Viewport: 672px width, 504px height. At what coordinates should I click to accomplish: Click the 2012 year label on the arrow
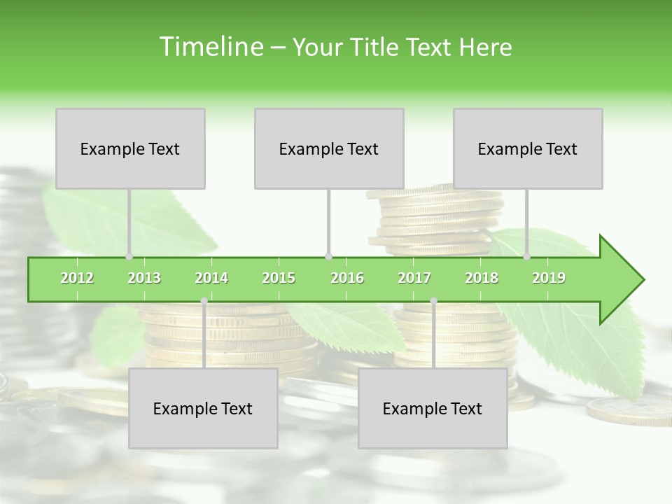click(x=77, y=278)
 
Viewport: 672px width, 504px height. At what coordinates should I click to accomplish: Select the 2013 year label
click(x=144, y=278)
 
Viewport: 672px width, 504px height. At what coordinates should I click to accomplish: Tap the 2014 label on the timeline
click(x=211, y=278)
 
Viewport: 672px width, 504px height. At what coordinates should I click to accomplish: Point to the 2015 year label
click(x=279, y=278)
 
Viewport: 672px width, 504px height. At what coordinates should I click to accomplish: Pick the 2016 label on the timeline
click(x=347, y=278)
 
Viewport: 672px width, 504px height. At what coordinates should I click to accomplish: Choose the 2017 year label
click(x=414, y=278)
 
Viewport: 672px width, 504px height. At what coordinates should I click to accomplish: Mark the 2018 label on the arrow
click(x=482, y=278)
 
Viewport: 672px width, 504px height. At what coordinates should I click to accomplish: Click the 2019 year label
click(x=549, y=278)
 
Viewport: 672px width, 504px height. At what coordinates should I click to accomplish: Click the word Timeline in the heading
click(x=209, y=47)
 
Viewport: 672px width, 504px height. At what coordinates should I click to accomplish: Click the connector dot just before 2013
click(x=129, y=256)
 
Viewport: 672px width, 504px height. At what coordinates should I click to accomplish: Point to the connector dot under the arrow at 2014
click(x=204, y=301)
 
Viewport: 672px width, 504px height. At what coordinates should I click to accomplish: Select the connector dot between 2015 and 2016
click(x=328, y=256)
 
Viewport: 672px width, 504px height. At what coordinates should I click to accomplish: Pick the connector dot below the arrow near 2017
click(x=433, y=301)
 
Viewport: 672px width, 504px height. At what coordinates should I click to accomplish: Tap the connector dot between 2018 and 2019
click(x=527, y=256)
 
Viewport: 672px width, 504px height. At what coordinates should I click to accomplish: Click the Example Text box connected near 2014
click(x=203, y=408)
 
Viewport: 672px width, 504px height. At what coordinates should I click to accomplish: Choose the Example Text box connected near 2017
click(x=433, y=408)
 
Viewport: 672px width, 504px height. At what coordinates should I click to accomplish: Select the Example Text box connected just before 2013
click(x=130, y=148)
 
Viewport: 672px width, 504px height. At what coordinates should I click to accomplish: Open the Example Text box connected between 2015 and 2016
click(x=329, y=148)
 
